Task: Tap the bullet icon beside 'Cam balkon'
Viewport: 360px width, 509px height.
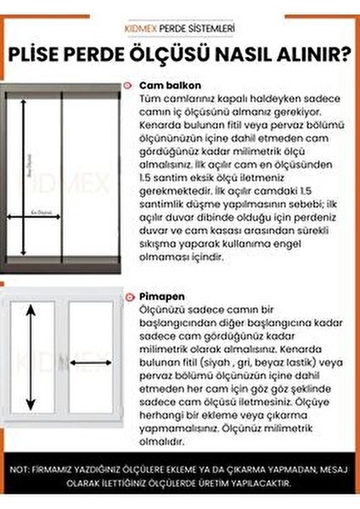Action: [x=127, y=87]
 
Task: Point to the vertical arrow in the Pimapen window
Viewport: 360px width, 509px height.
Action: [x=31, y=348]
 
